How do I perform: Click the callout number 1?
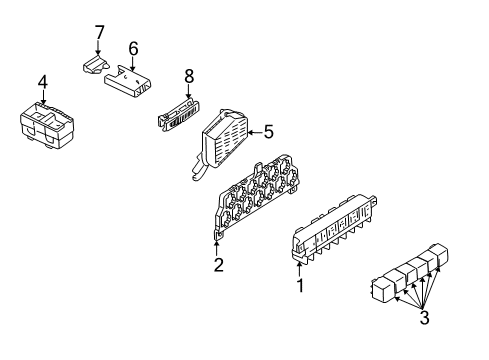coord(300,286)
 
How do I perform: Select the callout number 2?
coord(219,265)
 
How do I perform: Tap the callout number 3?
coord(424,317)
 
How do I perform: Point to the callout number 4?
coord(43,82)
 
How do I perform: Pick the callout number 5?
coord(269,132)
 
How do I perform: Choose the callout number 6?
coord(133,49)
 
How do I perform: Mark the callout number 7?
coord(99,32)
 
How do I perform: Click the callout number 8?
coord(189,76)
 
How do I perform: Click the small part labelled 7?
coord(96,64)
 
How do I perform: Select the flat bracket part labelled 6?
coord(128,82)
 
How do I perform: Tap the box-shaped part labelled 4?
coord(47,125)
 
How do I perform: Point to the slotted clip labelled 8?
coord(178,115)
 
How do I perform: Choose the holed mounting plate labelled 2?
coord(257,197)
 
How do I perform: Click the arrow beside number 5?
coord(255,133)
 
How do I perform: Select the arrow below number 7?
coord(98,47)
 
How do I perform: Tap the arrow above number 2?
coord(217,248)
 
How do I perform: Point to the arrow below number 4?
coord(43,97)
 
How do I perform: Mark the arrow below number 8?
coord(189,92)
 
